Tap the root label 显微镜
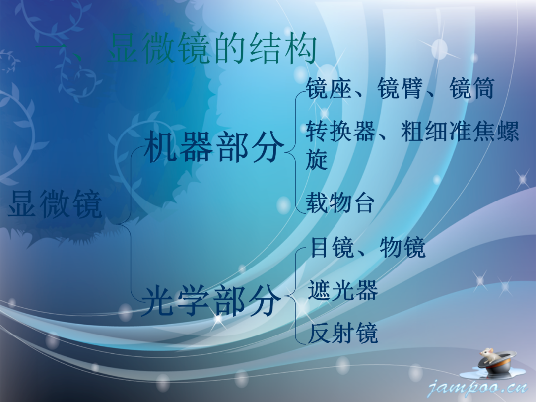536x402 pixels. point(55,204)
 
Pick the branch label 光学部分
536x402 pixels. point(211,301)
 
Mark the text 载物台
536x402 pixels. point(340,203)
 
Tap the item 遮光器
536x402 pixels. point(343,291)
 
